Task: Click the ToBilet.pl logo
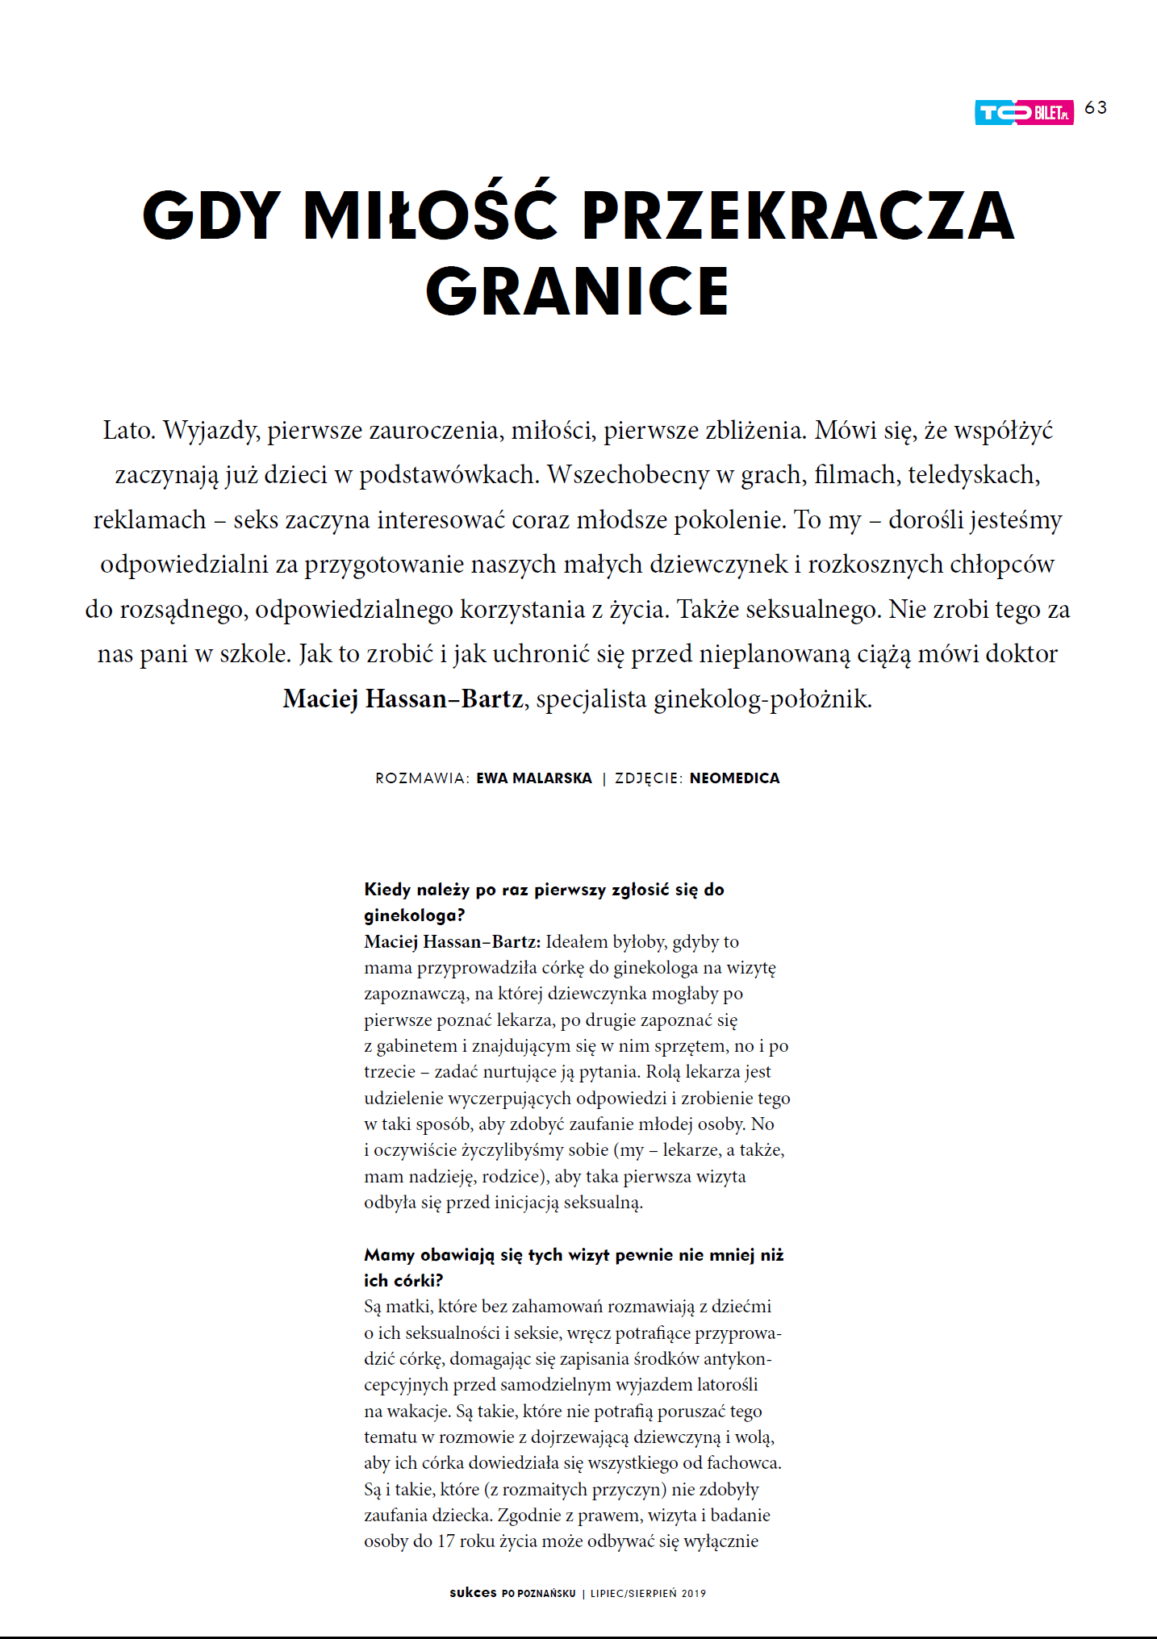pos(1023,113)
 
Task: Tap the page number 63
pos(1096,108)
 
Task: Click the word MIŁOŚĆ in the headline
pos(430,215)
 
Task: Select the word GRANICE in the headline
pos(578,291)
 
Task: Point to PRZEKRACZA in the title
pos(797,215)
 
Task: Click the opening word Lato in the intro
pos(128,430)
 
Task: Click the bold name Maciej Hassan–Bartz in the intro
pos(403,699)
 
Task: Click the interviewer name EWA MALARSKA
pos(534,778)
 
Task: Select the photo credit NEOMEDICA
pos(734,778)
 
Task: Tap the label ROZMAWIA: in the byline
pos(422,778)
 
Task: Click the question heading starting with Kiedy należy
pos(544,890)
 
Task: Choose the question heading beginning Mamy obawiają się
pos(573,1255)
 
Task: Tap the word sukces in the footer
pos(473,1592)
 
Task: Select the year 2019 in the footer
pos(693,1593)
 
